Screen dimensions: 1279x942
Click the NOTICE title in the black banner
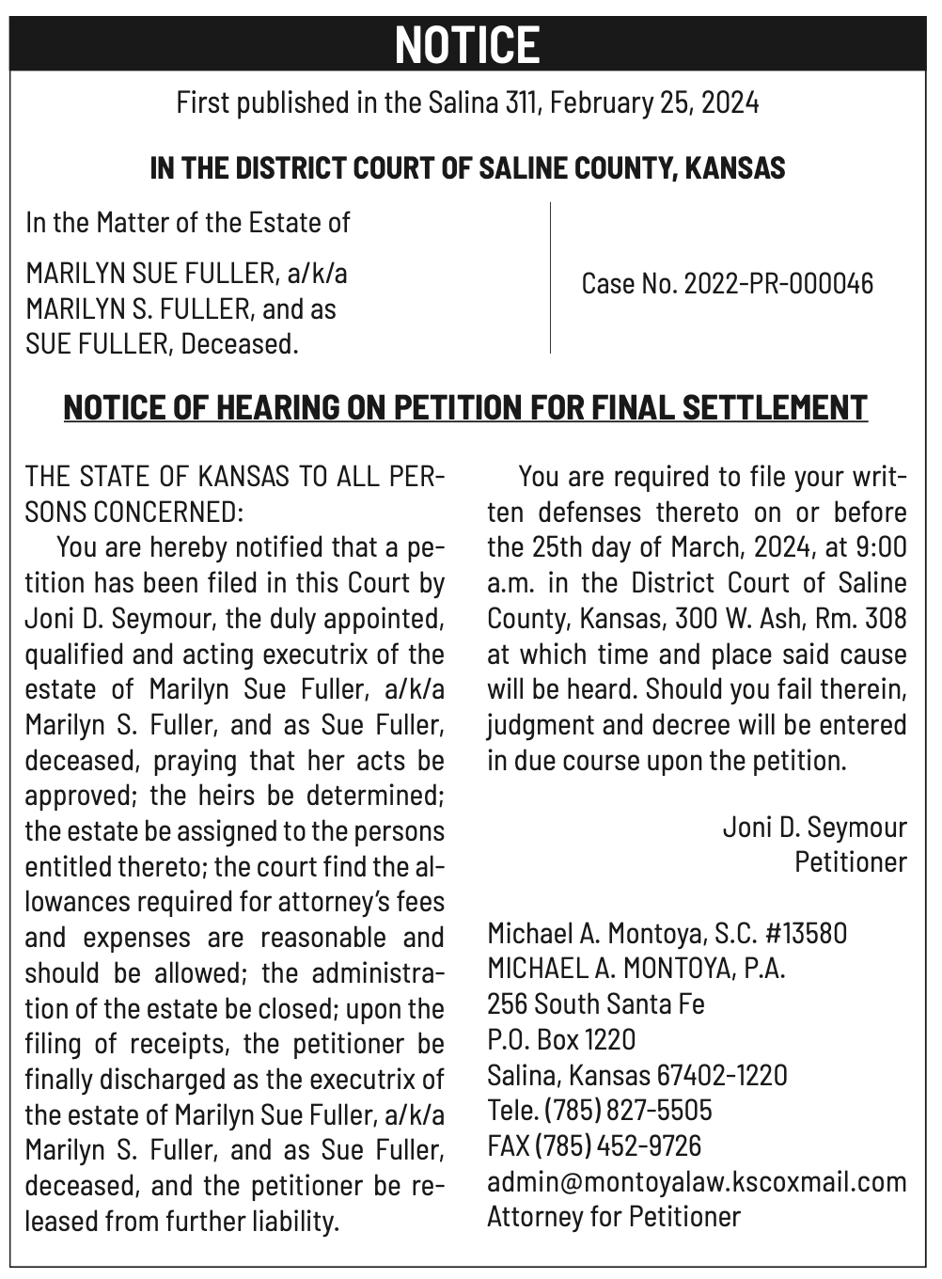pyautogui.click(x=467, y=44)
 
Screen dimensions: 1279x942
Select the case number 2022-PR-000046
pyautogui.click(x=778, y=283)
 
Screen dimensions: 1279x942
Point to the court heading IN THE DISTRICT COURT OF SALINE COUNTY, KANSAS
pyautogui.click(x=467, y=168)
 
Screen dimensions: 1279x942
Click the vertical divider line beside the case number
pyautogui.click(x=550, y=277)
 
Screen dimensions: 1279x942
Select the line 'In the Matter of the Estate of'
pyautogui.click(x=188, y=223)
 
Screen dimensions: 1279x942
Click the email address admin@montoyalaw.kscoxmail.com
pyautogui.click(x=697, y=1181)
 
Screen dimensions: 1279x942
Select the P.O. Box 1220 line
pyautogui.click(x=561, y=1039)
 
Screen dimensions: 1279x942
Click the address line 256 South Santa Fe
pyautogui.click(x=596, y=1003)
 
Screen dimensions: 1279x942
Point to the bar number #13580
pyautogui.click(x=806, y=933)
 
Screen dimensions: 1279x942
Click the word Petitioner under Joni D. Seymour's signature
pyautogui.click(x=851, y=862)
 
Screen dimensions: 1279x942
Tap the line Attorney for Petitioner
pyautogui.click(x=614, y=1217)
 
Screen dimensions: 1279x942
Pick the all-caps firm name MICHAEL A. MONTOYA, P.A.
pyautogui.click(x=636, y=968)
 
